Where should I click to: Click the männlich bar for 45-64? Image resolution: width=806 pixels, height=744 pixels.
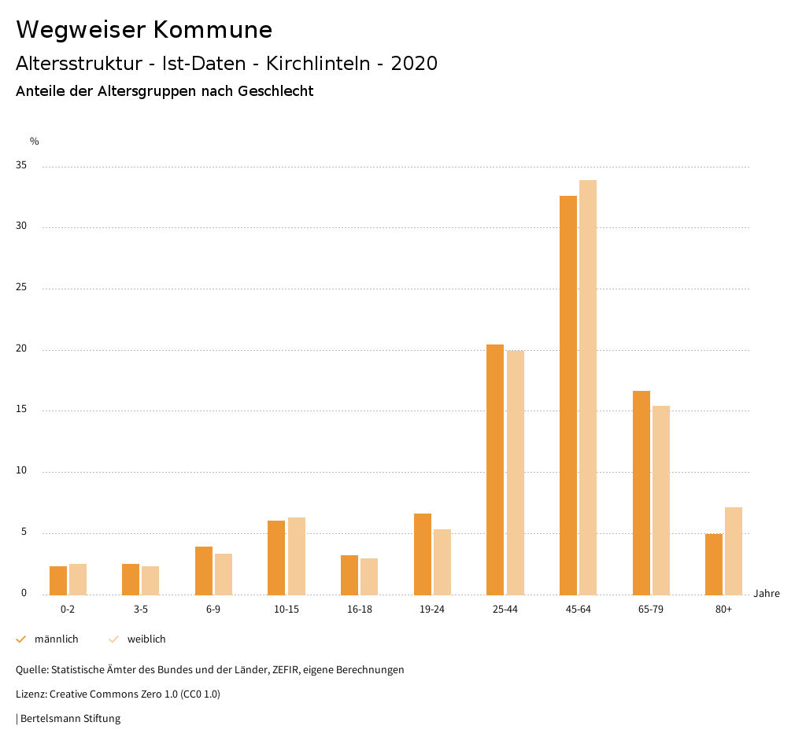(568, 395)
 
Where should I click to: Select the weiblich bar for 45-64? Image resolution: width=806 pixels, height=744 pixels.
(588, 387)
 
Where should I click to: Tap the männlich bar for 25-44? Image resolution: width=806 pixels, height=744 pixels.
(495, 470)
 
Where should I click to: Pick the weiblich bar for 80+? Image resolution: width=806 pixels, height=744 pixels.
(734, 551)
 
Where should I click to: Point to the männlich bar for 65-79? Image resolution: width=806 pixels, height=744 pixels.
(641, 492)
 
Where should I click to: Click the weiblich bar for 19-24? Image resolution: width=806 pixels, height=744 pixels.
(442, 562)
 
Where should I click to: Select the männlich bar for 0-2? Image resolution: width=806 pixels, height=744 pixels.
(58, 580)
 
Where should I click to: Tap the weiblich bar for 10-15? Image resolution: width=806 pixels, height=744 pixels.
(296, 556)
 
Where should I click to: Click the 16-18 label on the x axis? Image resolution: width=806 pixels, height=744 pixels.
(360, 610)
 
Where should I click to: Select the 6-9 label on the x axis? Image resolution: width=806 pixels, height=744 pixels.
(213, 610)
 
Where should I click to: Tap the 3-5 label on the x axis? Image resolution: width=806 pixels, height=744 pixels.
(141, 610)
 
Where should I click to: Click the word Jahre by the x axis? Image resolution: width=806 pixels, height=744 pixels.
(766, 594)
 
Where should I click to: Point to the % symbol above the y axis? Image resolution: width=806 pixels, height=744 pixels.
(35, 142)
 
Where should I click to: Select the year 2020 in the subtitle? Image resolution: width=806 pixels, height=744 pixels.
(414, 64)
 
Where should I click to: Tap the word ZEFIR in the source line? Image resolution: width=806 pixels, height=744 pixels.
(286, 670)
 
